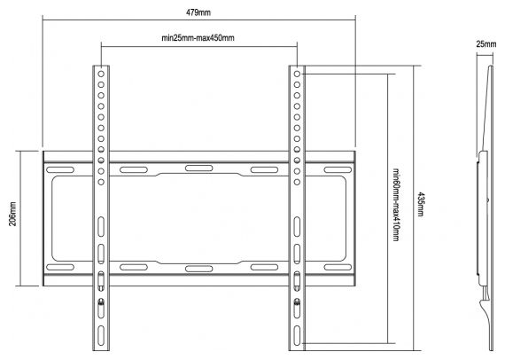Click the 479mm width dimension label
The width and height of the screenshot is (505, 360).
coord(198,12)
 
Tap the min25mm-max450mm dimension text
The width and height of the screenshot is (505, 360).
coord(198,38)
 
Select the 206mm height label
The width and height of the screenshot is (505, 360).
coord(12,214)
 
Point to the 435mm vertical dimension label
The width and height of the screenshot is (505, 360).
coord(421,204)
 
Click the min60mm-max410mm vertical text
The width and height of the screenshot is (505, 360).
coord(396,205)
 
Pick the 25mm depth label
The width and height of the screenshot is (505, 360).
coord(486,44)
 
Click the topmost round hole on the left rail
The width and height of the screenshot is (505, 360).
coord(101,74)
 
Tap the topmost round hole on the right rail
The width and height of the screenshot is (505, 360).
coord(297,74)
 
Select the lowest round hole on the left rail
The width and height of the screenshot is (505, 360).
coord(101,182)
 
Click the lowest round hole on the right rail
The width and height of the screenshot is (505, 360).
coord(297,182)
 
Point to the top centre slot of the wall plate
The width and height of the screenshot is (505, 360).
coord(199,168)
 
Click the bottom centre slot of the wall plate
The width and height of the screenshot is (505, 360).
coord(199,269)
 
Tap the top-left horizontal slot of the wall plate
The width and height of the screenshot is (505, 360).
coord(60,170)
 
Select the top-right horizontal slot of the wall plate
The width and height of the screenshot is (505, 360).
coord(338,170)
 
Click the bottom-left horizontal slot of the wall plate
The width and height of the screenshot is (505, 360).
coord(60,267)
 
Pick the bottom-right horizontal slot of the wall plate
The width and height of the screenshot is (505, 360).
coord(338,267)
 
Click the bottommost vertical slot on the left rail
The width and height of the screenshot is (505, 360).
coord(101,336)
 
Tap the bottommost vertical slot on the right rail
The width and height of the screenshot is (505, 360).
coord(297,336)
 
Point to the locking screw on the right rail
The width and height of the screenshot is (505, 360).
coord(297,302)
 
